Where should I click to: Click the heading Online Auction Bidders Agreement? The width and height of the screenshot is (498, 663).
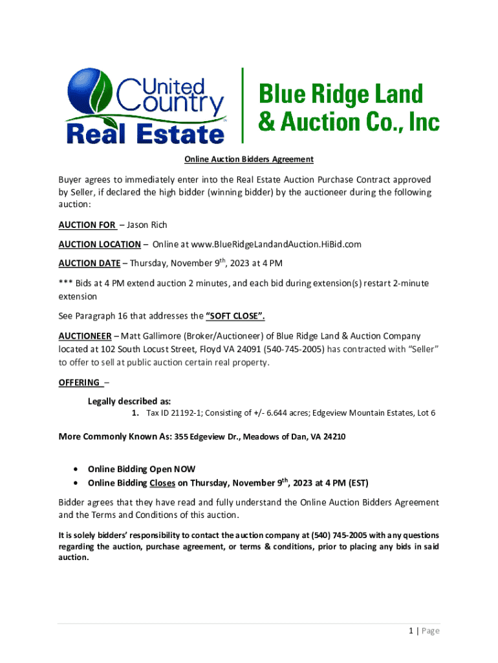(249, 159)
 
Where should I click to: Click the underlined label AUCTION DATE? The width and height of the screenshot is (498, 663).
(89, 264)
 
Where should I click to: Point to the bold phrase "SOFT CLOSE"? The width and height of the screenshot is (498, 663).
(235, 317)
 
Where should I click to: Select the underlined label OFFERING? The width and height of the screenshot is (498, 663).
(79, 382)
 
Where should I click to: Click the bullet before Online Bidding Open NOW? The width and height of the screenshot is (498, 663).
(78, 469)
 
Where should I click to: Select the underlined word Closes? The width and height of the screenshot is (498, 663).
(162, 483)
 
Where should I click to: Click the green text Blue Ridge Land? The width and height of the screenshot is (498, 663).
(341, 95)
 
